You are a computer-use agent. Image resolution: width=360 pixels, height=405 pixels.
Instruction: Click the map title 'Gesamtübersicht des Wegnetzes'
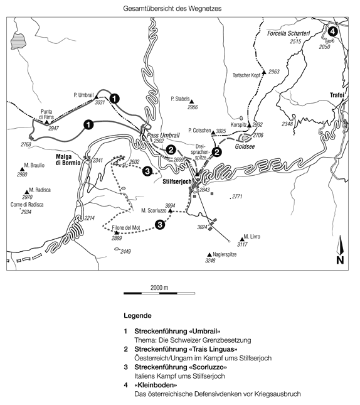[172, 8]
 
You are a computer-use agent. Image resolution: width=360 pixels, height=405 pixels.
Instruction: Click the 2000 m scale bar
[159, 293]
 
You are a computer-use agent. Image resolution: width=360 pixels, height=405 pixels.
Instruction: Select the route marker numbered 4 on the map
[332, 31]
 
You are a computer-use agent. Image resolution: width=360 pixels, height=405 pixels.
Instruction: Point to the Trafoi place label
[337, 95]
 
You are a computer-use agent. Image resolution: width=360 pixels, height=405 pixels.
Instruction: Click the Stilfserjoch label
[177, 181]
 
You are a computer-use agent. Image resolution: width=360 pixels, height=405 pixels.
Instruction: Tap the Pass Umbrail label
[163, 136]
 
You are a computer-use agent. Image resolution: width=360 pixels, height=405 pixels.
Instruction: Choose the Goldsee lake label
[245, 146]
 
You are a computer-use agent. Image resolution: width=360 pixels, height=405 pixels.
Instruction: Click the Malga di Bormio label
[68, 159]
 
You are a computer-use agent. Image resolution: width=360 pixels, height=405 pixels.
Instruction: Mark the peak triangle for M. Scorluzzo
[170, 211]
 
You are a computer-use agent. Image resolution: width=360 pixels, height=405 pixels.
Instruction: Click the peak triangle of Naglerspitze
[209, 255]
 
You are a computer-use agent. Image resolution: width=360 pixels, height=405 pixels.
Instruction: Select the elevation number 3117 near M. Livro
[242, 244]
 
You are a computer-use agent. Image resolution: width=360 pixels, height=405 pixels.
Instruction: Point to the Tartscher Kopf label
[246, 75]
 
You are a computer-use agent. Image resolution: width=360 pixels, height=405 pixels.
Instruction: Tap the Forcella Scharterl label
[289, 33]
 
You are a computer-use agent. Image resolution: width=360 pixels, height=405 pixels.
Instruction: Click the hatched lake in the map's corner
[18, 41]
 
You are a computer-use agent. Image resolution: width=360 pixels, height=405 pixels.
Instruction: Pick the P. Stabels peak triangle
[191, 102]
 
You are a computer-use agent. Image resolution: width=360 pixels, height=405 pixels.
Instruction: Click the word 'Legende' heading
[137, 316]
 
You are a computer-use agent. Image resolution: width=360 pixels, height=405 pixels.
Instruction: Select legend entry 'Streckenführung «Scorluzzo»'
[181, 367]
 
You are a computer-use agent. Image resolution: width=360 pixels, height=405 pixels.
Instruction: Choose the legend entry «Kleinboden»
[156, 385]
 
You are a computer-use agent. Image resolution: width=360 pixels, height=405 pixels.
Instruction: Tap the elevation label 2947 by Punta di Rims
[53, 128]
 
